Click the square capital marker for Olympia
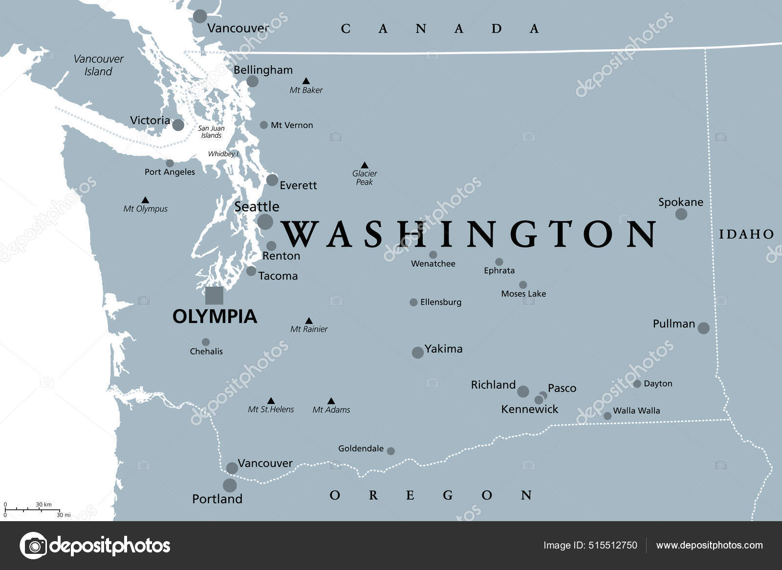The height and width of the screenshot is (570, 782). pos(214,296)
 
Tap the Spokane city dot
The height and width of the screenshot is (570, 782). pos(681,214)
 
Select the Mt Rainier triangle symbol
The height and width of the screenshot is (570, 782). pos(309,321)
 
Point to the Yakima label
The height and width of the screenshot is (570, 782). pos(443,349)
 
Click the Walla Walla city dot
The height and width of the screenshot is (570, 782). pos(608,416)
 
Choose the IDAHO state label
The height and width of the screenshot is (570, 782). pos(746,234)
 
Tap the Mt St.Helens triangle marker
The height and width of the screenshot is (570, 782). pos(271,401)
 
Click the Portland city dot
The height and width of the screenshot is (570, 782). pos(230,485)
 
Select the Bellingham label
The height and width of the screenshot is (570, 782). pos(263,70)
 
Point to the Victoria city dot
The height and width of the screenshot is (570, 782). pos(178,125)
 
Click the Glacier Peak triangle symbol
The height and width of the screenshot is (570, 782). pos(364,165)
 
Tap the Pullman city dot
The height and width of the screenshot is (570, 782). pos(703,328)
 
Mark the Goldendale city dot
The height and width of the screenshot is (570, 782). pos(391,451)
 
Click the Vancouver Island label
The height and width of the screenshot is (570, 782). pos(98,65)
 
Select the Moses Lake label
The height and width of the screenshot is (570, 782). pos(523,294)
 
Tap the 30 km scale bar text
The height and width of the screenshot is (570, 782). pos(43,505)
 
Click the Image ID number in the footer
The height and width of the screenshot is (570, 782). pos(613,545)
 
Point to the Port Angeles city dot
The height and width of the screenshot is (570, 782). pos(170,163)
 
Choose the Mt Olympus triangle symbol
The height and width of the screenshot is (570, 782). pos(145,200)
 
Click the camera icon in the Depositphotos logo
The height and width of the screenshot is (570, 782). pos(33,545)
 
